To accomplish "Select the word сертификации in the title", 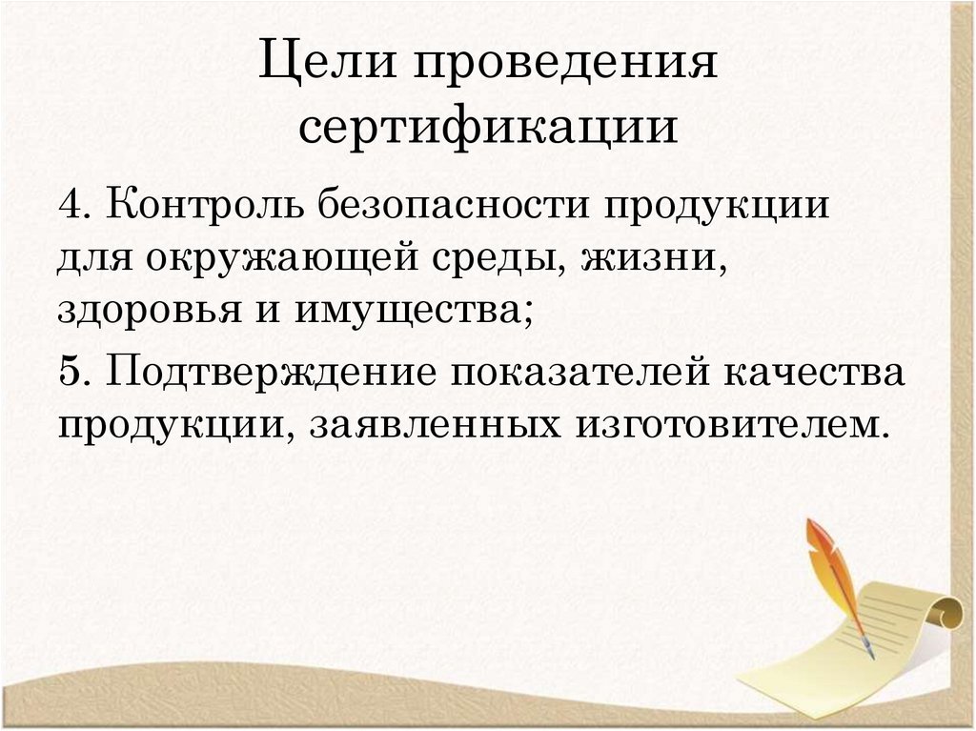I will click(x=489, y=128).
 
